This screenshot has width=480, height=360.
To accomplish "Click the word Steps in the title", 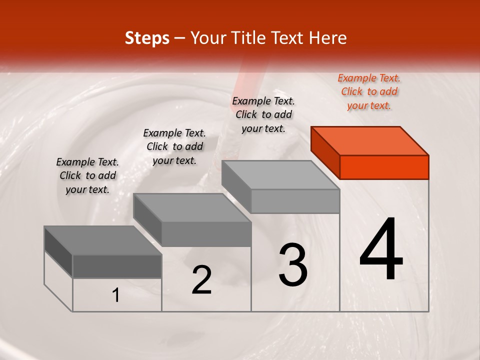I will click(147, 38).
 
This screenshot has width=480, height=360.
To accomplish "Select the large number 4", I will click(381, 250).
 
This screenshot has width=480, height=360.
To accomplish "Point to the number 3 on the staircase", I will click(293, 265).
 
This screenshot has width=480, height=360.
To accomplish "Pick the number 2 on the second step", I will click(201, 280).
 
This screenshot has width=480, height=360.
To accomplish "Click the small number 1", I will click(116, 295).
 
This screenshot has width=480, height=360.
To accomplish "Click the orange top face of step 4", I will click(369, 140).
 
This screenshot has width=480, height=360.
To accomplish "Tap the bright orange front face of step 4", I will click(384, 167).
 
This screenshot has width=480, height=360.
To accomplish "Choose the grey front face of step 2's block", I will click(206, 234).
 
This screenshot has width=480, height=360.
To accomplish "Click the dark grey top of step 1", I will click(102, 240).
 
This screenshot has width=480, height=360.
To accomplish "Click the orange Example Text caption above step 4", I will click(369, 91).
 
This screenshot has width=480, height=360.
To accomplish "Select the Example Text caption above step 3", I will click(263, 114).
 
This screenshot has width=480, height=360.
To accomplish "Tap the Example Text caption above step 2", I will click(174, 146).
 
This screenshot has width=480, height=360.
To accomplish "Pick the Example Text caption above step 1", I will click(87, 175).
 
